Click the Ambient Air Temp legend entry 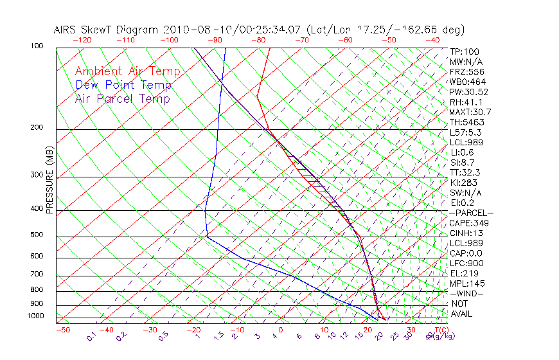128,71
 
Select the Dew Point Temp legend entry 123,85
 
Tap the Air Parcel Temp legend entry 123,98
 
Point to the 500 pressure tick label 37,235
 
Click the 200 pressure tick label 37,128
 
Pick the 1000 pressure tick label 35,316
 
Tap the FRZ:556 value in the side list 465,72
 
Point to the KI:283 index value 461,183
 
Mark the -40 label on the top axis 433,40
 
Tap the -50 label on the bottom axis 62,330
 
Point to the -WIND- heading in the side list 467,293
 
